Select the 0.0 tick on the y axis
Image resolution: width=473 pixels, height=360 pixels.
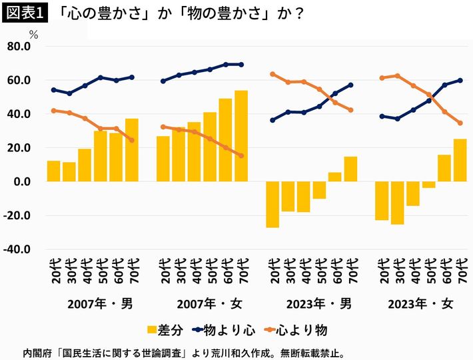coord(22,181)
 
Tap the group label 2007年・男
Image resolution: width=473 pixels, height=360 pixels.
coord(100,304)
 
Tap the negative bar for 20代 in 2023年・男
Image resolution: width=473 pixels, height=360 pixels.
coord(272,204)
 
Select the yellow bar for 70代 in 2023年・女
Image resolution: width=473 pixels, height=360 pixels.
coord(460,160)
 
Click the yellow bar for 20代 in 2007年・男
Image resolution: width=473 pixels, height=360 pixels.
coord(54,171)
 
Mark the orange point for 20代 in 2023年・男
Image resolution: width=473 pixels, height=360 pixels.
coord(272,74)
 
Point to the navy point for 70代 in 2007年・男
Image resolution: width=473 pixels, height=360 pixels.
coord(131,77)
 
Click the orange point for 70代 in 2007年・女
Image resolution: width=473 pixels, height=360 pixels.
coord(241,155)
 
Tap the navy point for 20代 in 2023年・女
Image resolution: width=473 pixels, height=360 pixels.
coord(382,116)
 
